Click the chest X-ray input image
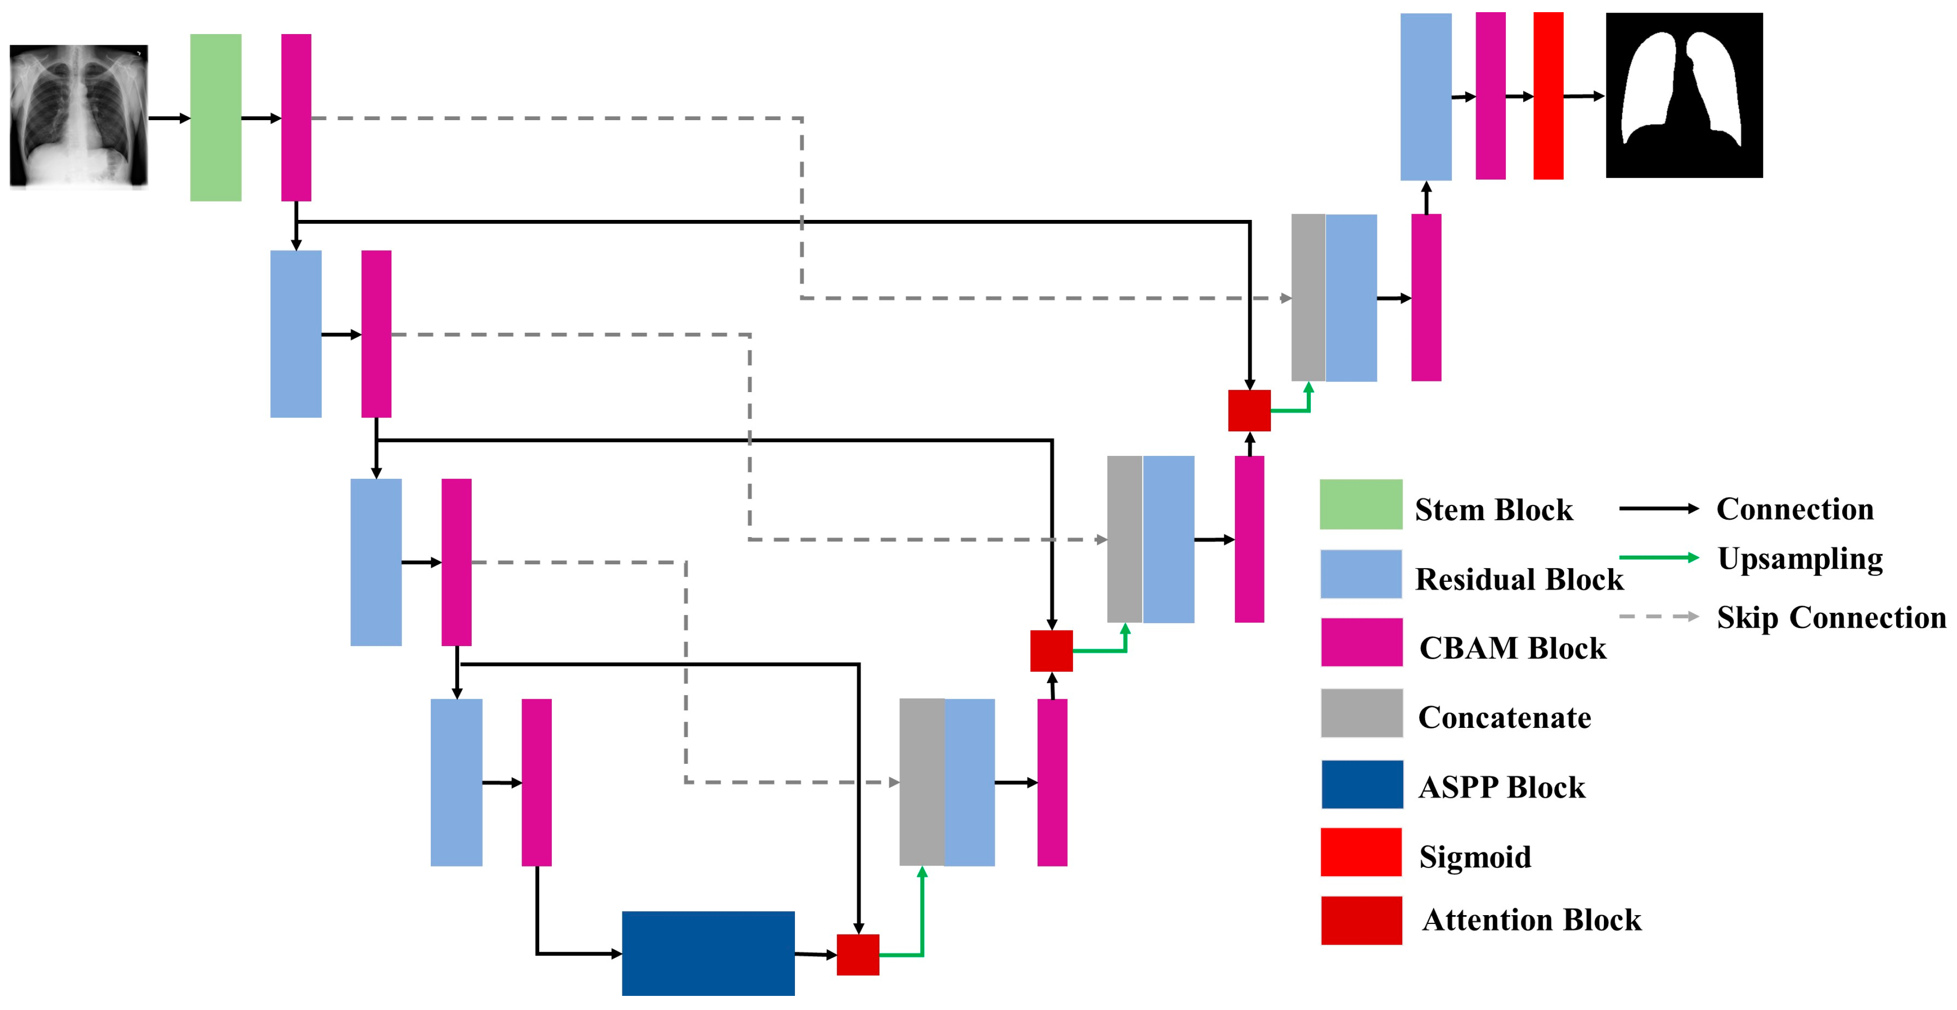(78, 115)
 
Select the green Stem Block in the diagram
(216, 117)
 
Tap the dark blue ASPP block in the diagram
(708, 953)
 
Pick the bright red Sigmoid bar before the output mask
(1548, 96)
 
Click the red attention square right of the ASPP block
(858, 955)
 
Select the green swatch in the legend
(1360, 504)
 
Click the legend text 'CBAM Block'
(1513, 648)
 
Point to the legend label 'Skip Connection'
(1831, 617)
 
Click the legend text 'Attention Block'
(1532, 920)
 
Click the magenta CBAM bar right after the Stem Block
(296, 117)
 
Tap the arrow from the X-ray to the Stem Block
(169, 118)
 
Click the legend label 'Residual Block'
(1518, 579)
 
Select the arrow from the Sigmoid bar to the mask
(1583, 96)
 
